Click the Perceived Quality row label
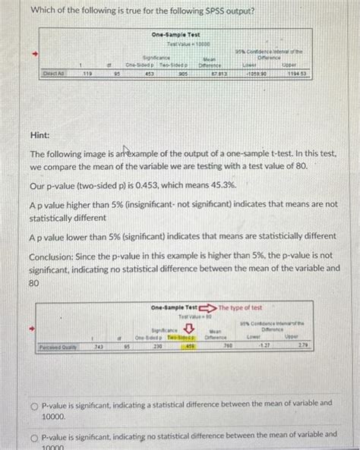coord(58,348)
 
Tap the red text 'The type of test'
coord(241,307)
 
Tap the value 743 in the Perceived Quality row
coord(98,348)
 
